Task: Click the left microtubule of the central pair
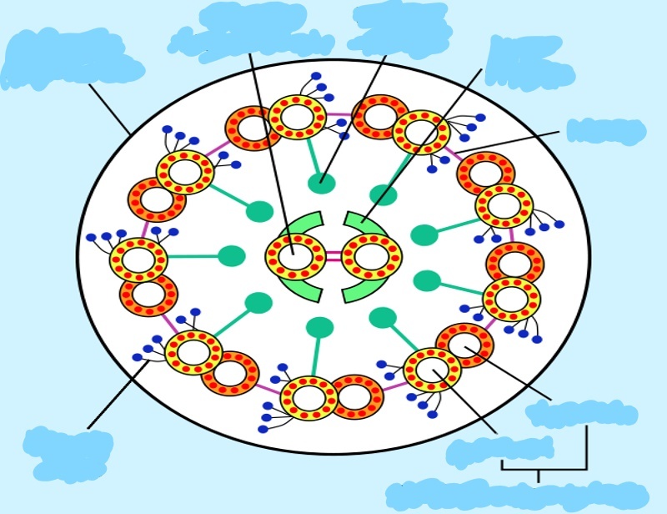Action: click(x=295, y=256)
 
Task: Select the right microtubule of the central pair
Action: click(x=372, y=256)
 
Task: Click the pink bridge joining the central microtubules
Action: click(x=333, y=256)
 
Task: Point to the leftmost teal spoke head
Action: click(x=232, y=256)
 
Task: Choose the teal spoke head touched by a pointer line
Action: click(x=321, y=184)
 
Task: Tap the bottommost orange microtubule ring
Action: click(x=356, y=397)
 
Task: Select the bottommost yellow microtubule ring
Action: click(x=309, y=398)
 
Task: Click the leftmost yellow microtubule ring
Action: click(x=138, y=260)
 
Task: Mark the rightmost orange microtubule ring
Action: click(x=515, y=265)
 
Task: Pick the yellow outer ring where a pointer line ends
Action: click(x=433, y=370)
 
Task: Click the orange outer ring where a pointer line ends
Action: click(x=464, y=345)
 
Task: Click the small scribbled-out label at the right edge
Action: click(x=606, y=131)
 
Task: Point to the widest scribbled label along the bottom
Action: click(x=517, y=496)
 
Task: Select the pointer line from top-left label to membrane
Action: click(x=109, y=108)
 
